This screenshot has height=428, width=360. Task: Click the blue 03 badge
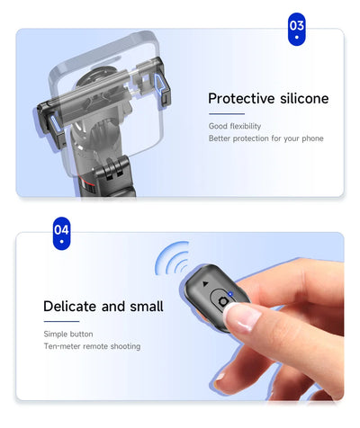coord(296,29)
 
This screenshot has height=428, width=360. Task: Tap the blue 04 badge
coord(61,232)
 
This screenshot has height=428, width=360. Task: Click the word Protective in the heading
coord(238,99)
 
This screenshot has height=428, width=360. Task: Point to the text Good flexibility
coord(235,125)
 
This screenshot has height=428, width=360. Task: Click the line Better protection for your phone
coord(265,138)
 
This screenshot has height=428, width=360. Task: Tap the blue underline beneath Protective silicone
coord(226,114)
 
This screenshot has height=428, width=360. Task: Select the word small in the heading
coord(146,307)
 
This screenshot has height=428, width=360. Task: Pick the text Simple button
coord(67,334)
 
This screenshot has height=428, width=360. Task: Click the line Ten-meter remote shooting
coord(91,346)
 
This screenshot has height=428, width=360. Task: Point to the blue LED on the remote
coord(232,295)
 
